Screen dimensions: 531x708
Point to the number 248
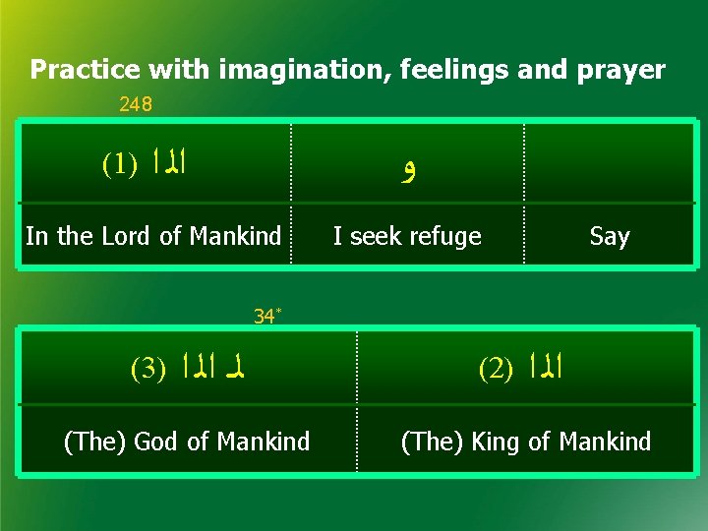pyautogui.click(x=135, y=104)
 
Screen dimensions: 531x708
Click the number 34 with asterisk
pyautogui.click(x=266, y=317)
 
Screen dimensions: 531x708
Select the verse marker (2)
pyautogui.click(x=497, y=369)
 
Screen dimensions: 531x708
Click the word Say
pyautogui.click(x=609, y=236)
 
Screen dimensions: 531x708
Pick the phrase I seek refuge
pyautogui.click(x=407, y=236)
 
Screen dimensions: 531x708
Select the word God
pyautogui.click(x=161, y=442)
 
